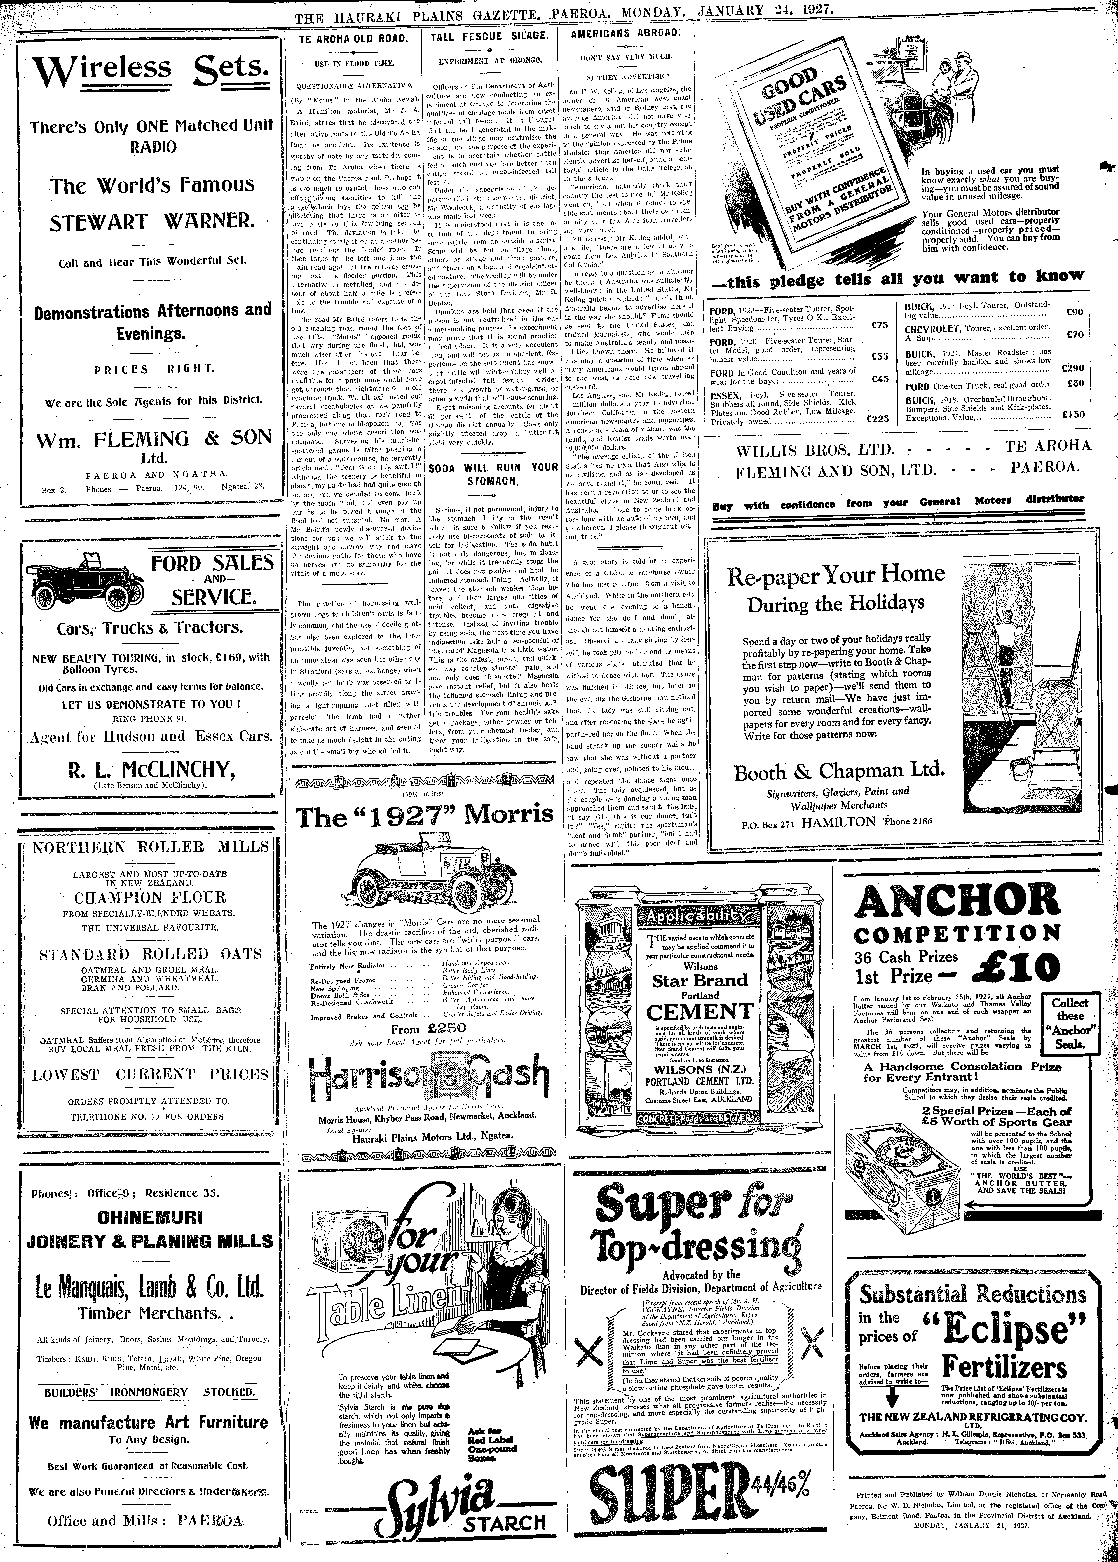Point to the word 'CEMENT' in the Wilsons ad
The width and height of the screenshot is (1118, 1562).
coord(699,1011)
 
